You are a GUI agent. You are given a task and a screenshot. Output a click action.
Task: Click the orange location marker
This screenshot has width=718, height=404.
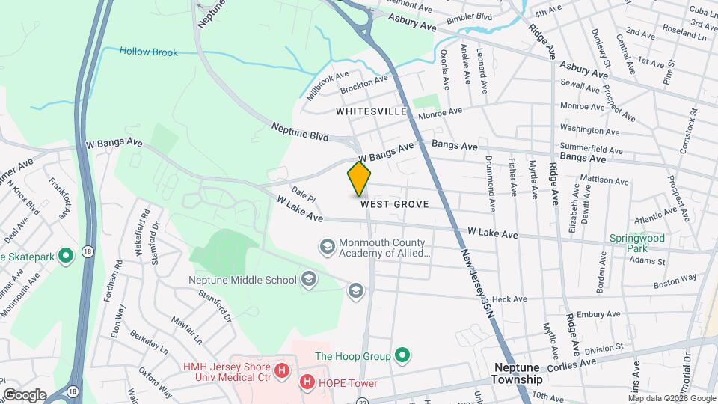click(x=360, y=179)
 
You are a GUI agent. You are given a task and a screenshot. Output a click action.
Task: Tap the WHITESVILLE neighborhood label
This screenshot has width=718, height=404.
click(x=371, y=111)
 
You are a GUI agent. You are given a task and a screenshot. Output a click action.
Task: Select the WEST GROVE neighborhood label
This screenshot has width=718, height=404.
click(x=394, y=203)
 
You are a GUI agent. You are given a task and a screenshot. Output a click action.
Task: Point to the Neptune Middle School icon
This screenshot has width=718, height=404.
click(x=308, y=280)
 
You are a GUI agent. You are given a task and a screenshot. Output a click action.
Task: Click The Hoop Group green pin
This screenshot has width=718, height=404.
click(x=402, y=355)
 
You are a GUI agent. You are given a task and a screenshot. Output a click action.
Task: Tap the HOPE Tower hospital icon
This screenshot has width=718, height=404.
click(x=307, y=382)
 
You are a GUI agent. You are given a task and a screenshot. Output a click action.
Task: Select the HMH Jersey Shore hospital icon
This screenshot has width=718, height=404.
click(x=281, y=370)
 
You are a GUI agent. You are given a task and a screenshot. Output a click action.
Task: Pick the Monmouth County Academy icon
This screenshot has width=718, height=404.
click(x=327, y=246)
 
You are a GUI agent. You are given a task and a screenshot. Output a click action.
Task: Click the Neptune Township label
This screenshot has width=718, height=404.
click(x=518, y=373)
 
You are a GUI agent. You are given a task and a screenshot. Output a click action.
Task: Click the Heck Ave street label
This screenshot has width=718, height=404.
click(x=510, y=299)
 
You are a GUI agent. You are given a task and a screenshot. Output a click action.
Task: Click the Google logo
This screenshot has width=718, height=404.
click(x=24, y=394)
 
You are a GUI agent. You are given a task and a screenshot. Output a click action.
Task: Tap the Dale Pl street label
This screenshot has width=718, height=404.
click(x=304, y=193)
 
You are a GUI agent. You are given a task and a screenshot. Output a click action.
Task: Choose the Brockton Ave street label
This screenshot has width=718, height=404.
click(x=364, y=84)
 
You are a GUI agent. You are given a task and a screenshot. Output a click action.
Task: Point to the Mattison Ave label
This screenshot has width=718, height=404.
click(x=604, y=180)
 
